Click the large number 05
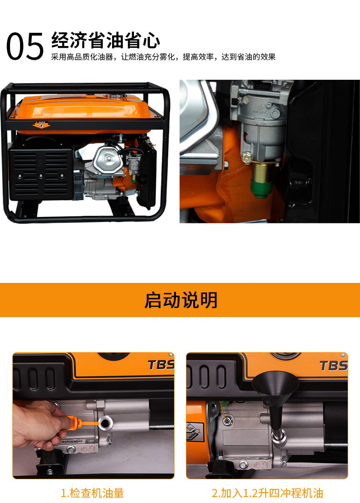coord(25,46)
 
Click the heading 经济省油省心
coord(106,40)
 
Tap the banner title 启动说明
coord(180,300)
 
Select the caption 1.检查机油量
coord(93,493)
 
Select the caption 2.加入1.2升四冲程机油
coord(267,493)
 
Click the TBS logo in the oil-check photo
coord(161,365)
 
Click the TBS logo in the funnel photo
coord(334,366)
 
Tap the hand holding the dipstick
coord(40,424)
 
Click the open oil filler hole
coord(105,423)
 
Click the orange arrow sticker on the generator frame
coord(41,124)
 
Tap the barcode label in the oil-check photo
coord(72,442)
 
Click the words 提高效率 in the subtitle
coord(198,57)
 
